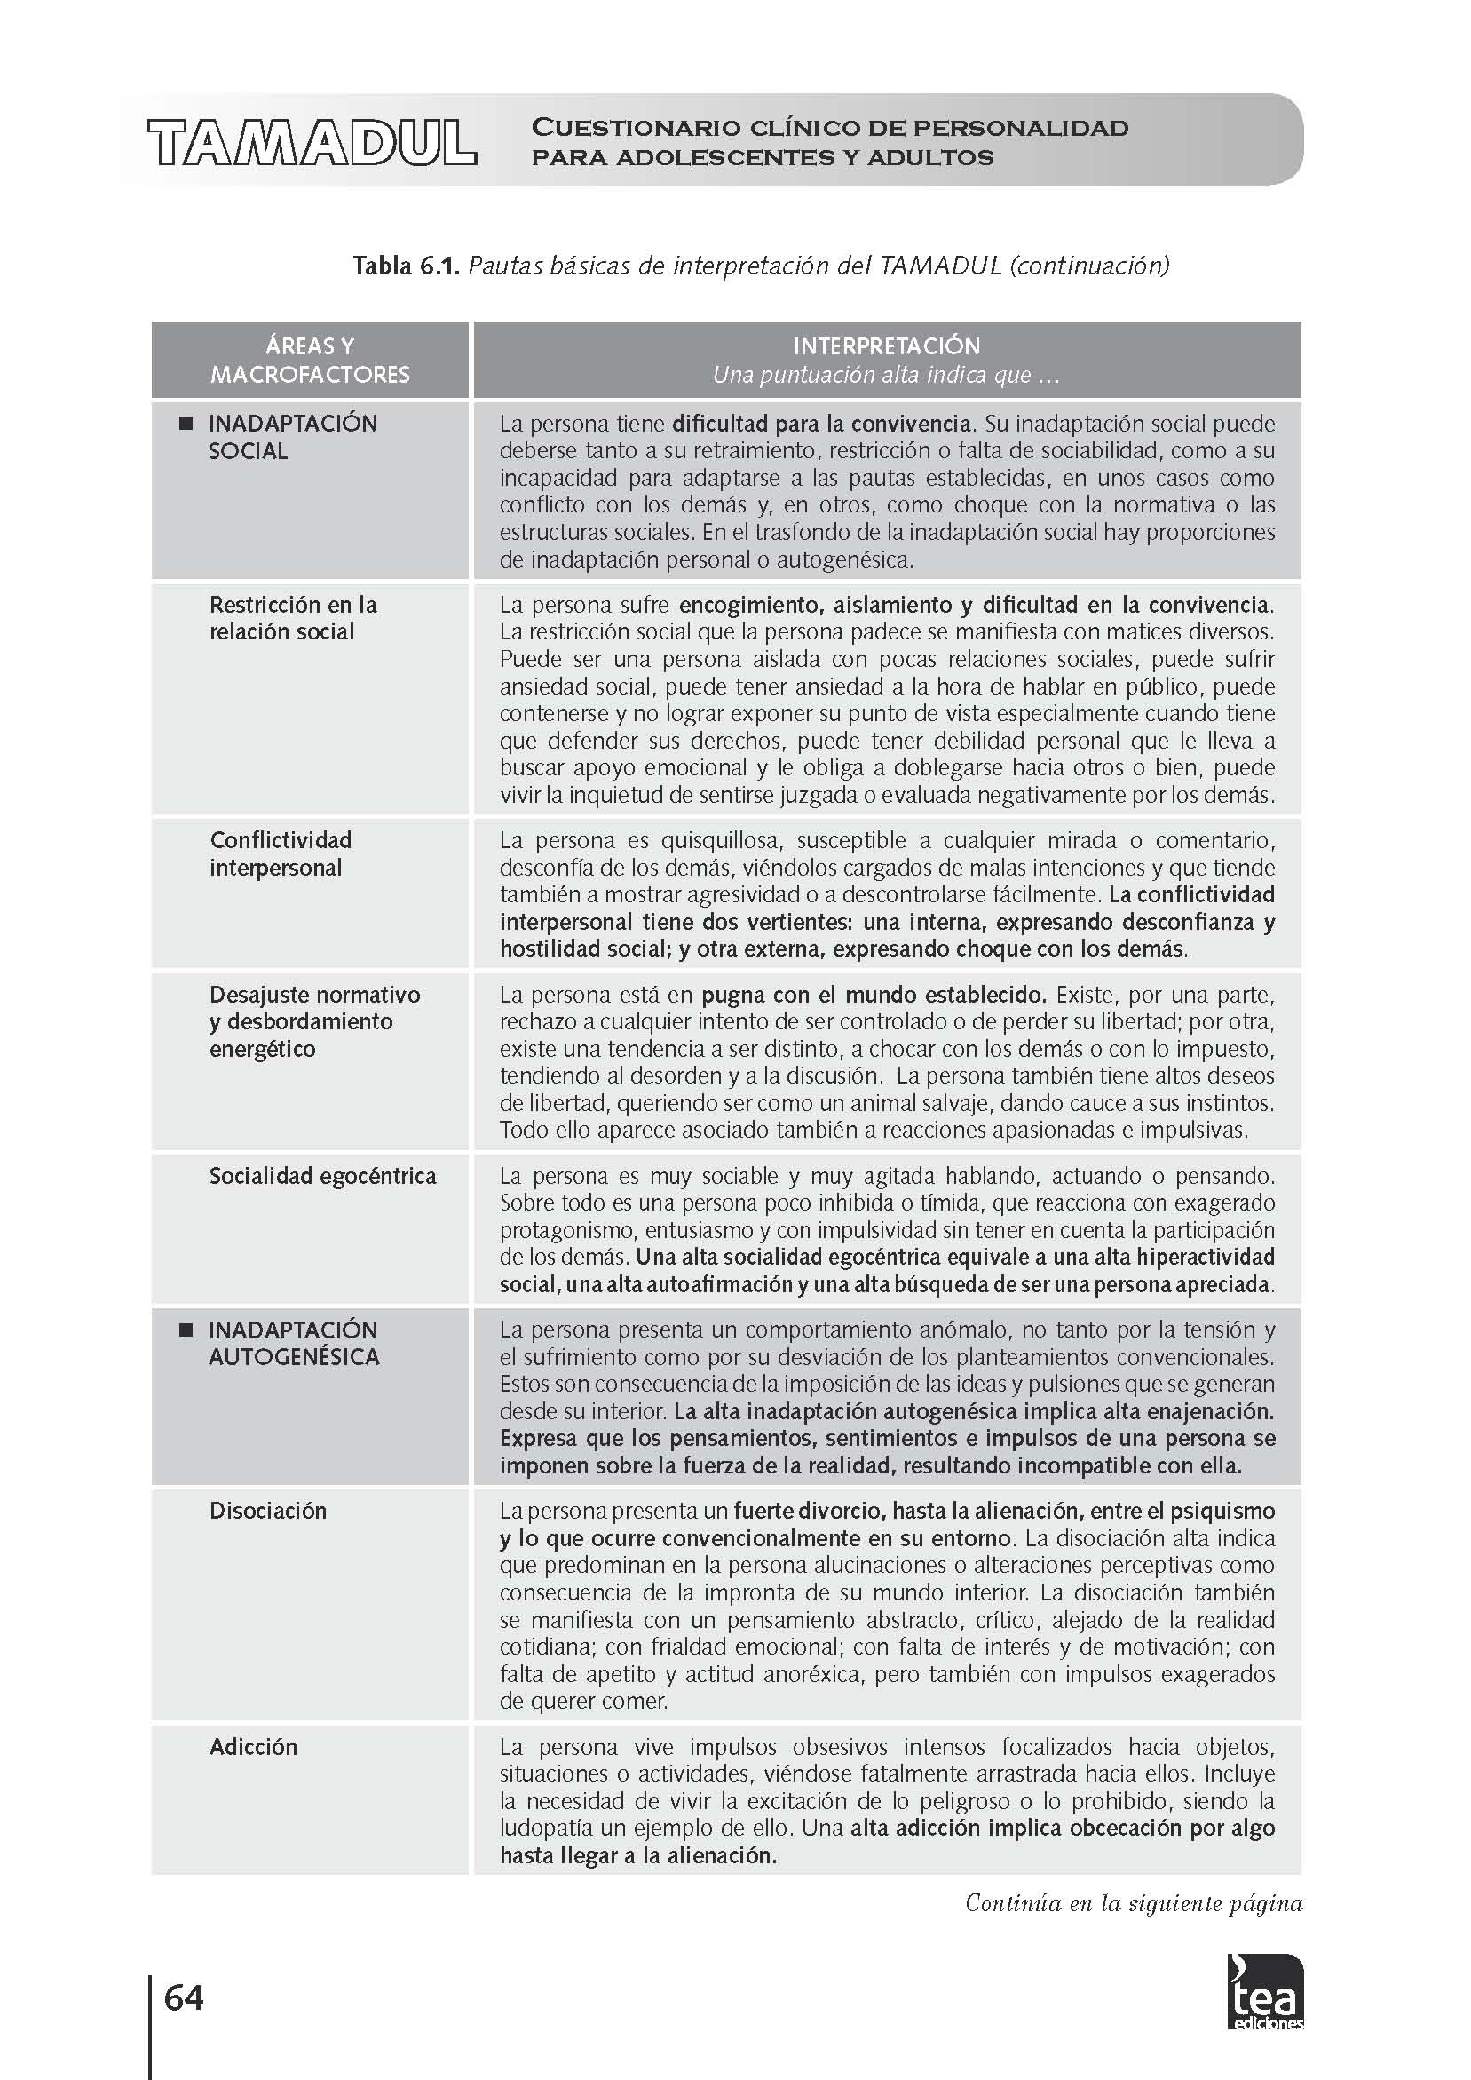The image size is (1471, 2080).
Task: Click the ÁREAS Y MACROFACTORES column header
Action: [x=310, y=360]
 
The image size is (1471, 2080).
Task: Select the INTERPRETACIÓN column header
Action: [x=886, y=346]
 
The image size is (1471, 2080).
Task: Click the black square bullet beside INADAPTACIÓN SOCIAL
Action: [x=186, y=423]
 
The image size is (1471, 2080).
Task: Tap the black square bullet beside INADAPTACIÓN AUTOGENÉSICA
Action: [x=186, y=1330]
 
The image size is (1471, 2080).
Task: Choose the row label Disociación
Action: [x=268, y=1511]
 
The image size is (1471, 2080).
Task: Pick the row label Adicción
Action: [x=254, y=1747]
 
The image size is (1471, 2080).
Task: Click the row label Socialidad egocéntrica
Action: [x=322, y=1176]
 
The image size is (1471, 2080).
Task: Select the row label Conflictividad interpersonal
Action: [x=281, y=853]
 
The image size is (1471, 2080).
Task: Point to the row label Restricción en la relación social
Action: [x=293, y=618]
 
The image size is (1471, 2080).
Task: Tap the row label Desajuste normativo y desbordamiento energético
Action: [x=314, y=1021]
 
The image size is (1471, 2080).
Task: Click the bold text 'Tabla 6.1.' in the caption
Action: [x=407, y=266]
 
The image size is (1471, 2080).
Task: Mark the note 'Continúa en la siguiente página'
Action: [x=1133, y=1902]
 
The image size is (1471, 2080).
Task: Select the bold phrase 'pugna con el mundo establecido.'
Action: [x=874, y=995]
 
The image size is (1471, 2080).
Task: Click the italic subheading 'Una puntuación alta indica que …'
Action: [x=886, y=375]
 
